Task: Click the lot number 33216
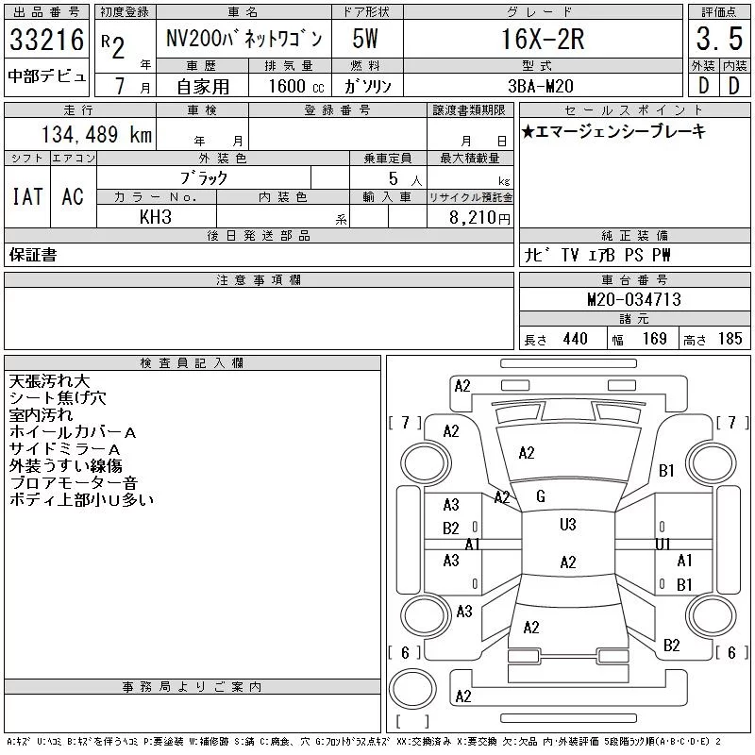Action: (x=46, y=40)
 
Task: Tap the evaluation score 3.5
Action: (x=719, y=39)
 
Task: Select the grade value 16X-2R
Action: (x=543, y=39)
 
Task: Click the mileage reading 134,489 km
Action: (x=96, y=134)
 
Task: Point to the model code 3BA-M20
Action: (x=541, y=86)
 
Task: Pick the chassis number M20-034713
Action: (x=634, y=299)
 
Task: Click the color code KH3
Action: (x=156, y=217)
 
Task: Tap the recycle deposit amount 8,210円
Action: (x=479, y=218)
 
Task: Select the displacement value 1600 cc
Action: (x=296, y=86)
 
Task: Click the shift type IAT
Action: (x=27, y=196)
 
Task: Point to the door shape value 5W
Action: (x=365, y=39)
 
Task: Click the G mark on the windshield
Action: (x=540, y=496)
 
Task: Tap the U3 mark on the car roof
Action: (x=568, y=525)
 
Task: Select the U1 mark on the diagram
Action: (x=663, y=545)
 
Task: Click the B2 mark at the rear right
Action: (x=671, y=646)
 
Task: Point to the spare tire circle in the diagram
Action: (x=412, y=689)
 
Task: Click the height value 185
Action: (x=730, y=339)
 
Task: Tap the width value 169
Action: (x=654, y=339)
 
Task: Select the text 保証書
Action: (x=33, y=255)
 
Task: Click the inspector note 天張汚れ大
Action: (x=49, y=381)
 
